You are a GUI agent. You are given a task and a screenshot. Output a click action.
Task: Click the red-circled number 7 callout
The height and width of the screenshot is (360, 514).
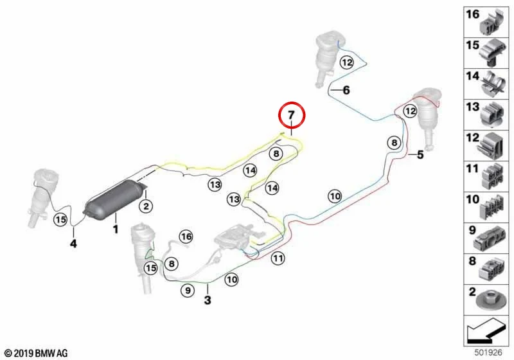tap(292, 115)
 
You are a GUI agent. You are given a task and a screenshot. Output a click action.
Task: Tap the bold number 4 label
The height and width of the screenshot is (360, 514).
tap(73, 244)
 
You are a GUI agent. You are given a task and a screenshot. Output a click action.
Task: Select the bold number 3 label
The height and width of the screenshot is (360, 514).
tap(208, 300)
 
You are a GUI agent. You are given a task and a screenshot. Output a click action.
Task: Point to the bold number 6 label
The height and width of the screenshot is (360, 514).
tap(346, 90)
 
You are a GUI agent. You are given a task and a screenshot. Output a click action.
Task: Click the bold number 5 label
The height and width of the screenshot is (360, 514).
tap(420, 154)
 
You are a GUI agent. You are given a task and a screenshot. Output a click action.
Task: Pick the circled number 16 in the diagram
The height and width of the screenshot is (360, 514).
tap(186, 237)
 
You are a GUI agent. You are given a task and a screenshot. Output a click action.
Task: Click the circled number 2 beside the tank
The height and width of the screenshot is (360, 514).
tap(146, 206)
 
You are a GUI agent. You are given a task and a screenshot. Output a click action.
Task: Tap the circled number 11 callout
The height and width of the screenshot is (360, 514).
tap(278, 258)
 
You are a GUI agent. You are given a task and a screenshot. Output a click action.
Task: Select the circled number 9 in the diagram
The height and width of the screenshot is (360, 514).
tap(188, 291)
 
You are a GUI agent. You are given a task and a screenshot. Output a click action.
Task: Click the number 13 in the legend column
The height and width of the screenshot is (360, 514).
tap(473, 107)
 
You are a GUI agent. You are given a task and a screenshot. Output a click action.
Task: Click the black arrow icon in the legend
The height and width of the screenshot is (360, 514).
tap(486, 331)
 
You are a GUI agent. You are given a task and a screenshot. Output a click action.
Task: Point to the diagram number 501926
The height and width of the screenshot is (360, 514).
tap(488, 353)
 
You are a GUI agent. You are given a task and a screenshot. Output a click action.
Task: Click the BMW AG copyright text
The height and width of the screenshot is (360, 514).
tap(37, 353)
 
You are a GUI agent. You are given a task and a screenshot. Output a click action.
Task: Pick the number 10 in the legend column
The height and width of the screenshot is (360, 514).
tap(473, 199)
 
